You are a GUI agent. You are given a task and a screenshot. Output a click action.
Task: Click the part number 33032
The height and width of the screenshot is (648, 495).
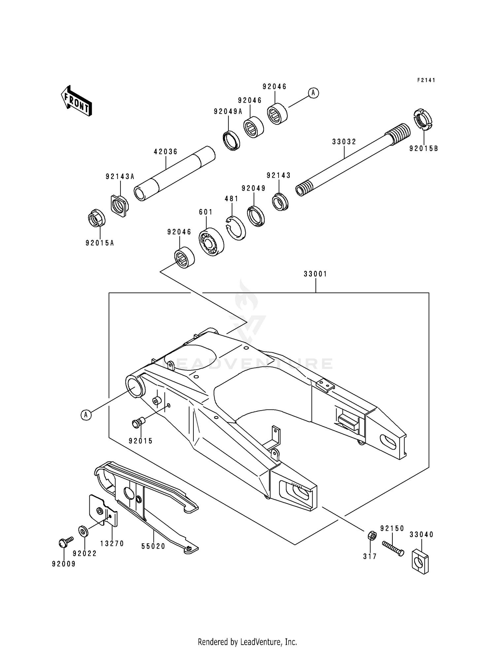[x=344, y=142]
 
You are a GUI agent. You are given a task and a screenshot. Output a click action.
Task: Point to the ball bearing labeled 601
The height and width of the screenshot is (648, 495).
[x=211, y=242]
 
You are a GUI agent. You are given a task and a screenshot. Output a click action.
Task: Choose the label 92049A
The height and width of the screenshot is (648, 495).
[x=228, y=112]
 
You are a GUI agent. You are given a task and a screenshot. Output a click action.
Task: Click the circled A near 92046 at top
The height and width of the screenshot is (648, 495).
[x=313, y=93]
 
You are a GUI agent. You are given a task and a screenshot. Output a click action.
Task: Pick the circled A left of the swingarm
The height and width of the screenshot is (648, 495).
[x=86, y=414]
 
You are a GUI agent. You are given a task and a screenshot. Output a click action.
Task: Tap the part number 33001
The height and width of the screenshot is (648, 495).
[x=315, y=274]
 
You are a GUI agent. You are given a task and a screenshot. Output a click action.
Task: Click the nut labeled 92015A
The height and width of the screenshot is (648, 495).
[x=97, y=218]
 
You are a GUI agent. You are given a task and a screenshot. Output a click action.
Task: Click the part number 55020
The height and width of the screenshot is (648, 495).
[x=153, y=546]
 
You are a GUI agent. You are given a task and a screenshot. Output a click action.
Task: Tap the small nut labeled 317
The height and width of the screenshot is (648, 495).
[x=371, y=535]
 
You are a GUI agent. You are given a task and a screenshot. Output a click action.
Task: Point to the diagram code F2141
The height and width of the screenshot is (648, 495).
[x=426, y=80]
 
